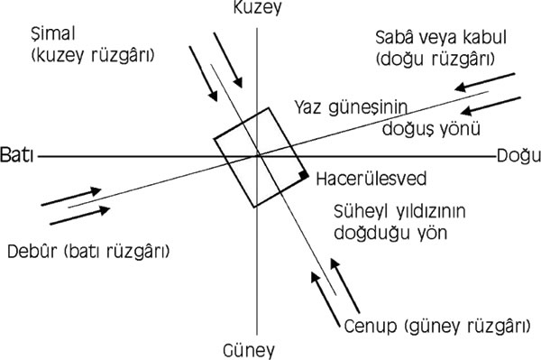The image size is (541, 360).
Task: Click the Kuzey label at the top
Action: pos(257,7)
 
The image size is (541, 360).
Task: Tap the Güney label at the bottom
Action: pos(249,351)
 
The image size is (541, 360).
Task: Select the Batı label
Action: pos(17,155)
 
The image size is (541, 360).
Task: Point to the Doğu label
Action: pos(518,157)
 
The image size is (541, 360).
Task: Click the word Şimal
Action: pos(53,34)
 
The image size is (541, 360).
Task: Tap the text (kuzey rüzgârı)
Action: pos(93,55)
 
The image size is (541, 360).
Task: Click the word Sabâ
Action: pos(394,37)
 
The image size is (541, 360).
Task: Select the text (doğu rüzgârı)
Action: pos(436,59)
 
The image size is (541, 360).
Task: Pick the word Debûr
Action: pos(32,251)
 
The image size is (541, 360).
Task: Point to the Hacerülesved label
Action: pos(371,179)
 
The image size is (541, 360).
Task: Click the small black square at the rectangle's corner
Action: pos(304,175)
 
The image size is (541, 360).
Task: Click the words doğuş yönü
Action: pos(431,129)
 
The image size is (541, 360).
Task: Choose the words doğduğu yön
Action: pos(390,233)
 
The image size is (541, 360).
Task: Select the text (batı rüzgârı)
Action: pos(117,252)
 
